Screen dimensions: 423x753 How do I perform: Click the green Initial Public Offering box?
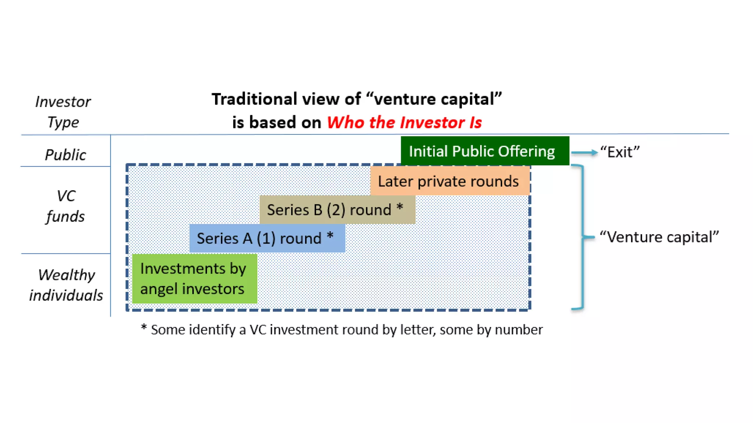click(x=485, y=151)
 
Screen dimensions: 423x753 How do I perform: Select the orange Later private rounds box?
click(x=449, y=181)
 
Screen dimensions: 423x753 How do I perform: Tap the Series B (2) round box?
click(x=337, y=210)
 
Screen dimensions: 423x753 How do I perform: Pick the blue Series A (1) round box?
click(x=267, y=238)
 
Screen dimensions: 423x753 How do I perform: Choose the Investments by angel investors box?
click(x=194, y=279)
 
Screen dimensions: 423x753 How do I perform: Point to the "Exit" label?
click(x=620, y=152)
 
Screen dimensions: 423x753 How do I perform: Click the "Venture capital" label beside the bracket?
click(x=659, y=237)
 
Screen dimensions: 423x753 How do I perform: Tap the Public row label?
click(x=65, y=155)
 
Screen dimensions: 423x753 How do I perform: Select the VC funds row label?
click(x=65, y=206)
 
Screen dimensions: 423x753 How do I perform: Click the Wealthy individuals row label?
click(x=66, y=285)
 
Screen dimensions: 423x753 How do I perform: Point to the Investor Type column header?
click(x=63, y=112)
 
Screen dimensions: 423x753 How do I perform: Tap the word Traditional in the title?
click(x=254, y=99)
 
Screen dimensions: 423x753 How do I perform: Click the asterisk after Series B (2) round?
click(x=400, y=207)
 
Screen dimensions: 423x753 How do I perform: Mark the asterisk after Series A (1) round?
click(x=330, y=235)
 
